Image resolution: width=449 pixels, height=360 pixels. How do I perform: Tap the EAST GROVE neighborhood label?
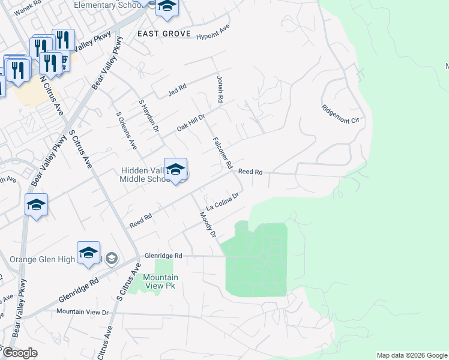click(164, 34)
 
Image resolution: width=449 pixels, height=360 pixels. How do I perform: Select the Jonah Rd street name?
click(220, 88)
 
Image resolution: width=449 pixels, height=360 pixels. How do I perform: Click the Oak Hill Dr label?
click(191, 123)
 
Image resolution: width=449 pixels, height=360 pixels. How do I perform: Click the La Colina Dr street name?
click(223, 202)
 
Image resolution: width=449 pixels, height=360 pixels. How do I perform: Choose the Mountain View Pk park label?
click(160, 281)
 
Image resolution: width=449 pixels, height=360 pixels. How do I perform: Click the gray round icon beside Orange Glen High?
click(111, 259)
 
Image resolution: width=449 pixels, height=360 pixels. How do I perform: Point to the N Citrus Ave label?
click(51, 95)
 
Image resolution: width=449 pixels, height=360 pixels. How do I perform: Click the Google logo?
click(20, 353)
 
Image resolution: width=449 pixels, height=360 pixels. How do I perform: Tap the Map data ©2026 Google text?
click(411, 355)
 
